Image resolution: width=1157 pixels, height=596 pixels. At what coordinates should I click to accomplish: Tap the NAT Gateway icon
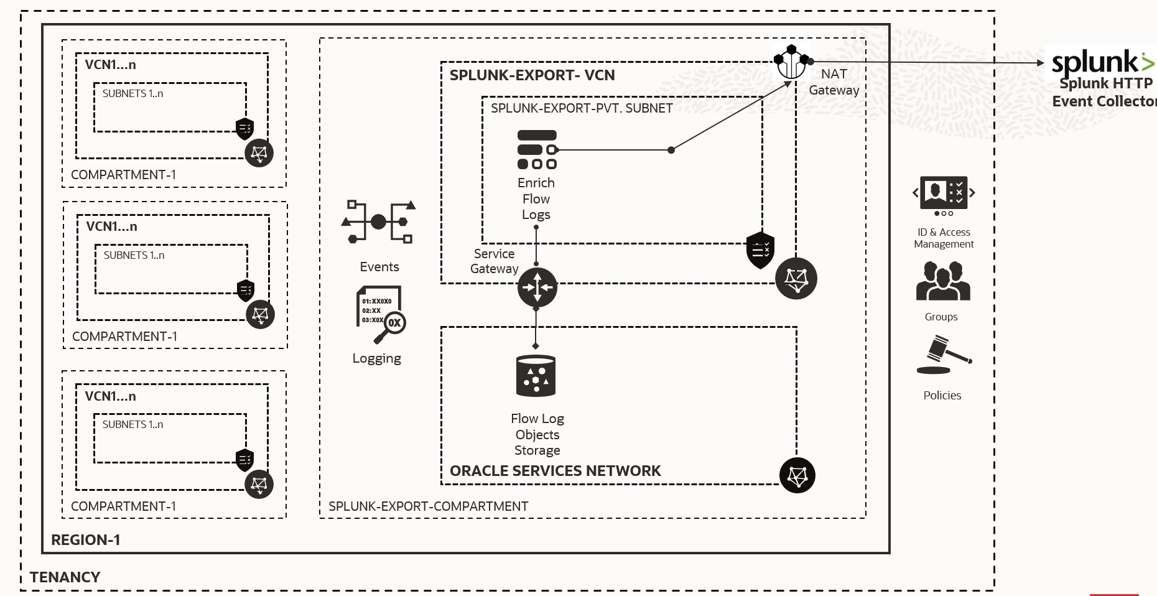[791, 62]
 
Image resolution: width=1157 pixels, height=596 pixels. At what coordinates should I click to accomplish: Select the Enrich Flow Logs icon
[537, 150]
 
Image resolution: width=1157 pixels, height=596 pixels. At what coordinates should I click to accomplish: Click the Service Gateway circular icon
[537, 287]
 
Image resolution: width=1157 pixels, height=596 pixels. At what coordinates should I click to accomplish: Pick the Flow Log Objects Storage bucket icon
[536, 376]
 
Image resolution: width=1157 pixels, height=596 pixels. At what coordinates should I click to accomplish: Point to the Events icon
[378, 222]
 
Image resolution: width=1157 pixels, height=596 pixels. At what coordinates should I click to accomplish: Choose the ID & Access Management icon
[944, 195]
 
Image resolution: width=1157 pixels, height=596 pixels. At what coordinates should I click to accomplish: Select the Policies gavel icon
[943, 355]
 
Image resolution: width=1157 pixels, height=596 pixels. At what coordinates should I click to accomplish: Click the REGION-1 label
[86, 540]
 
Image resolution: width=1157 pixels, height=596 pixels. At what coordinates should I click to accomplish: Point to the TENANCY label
[65, 577]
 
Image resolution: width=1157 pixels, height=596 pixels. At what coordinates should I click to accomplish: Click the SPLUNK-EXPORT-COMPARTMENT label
[428, 506]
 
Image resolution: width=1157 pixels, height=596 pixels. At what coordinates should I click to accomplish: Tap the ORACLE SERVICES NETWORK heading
[555, 471]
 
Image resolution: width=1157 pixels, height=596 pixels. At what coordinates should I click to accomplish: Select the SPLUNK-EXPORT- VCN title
[532, 75]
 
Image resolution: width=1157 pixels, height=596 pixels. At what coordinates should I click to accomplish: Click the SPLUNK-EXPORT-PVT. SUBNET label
[582, 108]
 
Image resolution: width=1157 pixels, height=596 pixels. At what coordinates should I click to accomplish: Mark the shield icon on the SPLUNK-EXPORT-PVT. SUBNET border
[760, 250]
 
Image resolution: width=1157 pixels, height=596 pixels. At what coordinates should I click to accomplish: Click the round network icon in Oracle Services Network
[797, 476]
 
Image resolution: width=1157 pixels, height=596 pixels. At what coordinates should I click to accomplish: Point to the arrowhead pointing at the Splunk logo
[1041, 63]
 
